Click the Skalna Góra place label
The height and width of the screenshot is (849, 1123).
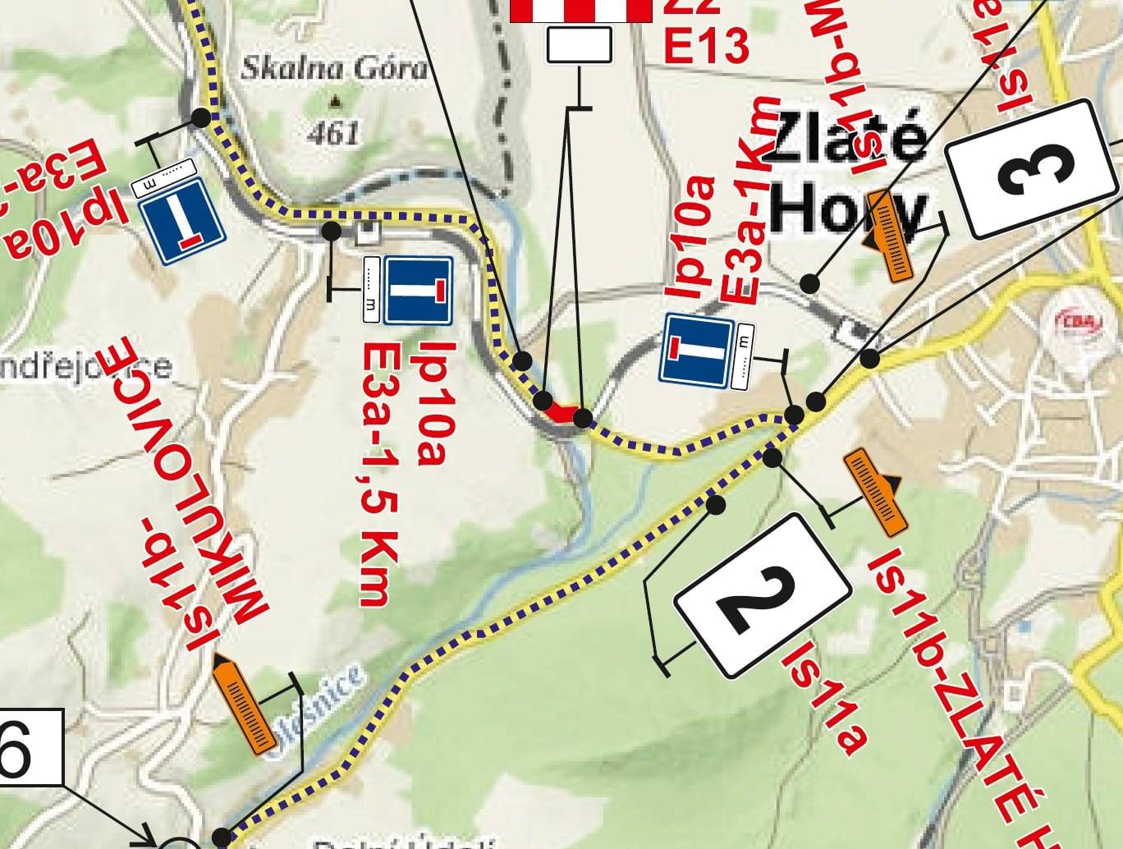point(334,69)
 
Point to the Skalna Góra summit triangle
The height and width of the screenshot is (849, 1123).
point(335,103)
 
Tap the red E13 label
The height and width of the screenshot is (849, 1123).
point(706,48)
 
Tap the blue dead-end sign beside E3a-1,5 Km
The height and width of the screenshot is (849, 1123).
point(419,290)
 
